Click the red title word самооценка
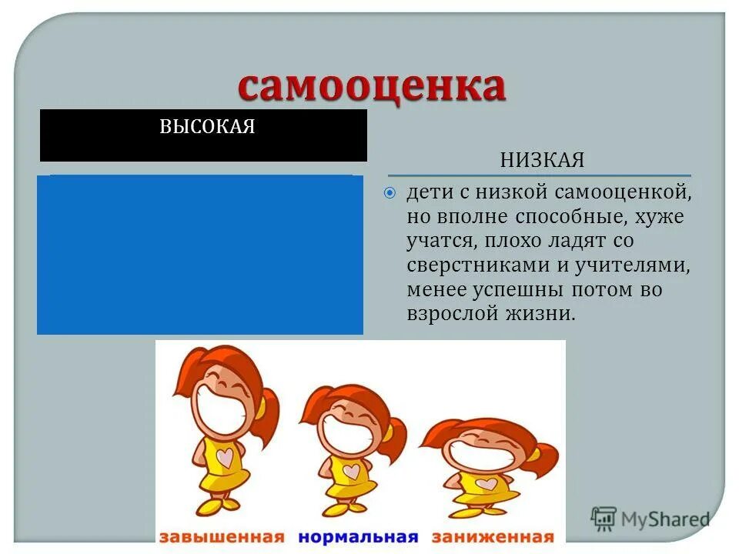(371, 86)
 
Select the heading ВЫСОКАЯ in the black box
(206, 127)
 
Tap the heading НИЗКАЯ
(542, 161)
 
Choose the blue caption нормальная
(358, 536)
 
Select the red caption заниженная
(492, 536)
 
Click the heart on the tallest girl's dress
(226, 458)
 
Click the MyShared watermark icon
(604, 519)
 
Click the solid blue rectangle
(200, 254)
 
